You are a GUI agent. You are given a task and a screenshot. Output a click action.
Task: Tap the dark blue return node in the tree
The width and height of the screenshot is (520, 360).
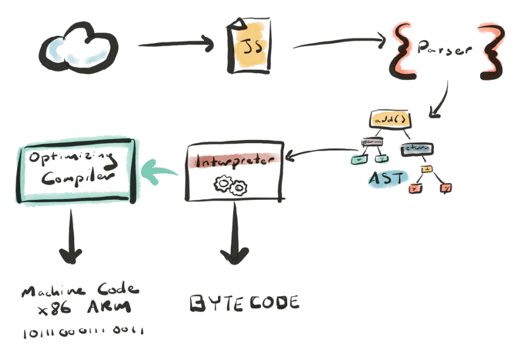point(417,148)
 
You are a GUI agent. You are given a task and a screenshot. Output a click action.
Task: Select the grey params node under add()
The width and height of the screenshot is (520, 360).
point(372,143)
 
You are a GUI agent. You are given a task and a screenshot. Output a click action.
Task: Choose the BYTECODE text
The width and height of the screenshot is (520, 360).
point(243,303)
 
